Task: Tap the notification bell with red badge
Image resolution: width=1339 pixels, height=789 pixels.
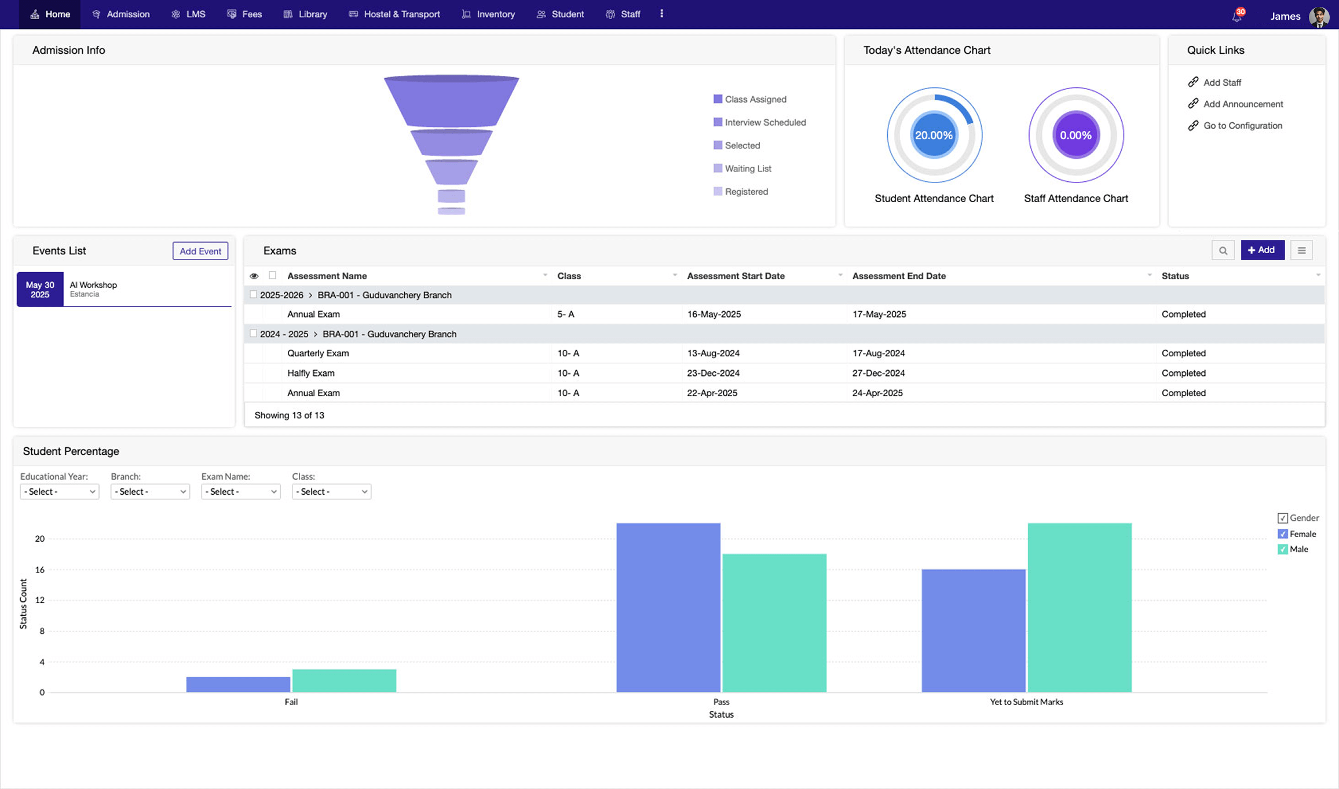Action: click(1236, 16)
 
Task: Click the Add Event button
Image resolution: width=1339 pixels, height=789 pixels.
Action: click(200, 251)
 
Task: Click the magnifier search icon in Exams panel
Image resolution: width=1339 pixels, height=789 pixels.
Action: click(1223, 250)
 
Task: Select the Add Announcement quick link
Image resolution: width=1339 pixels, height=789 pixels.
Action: click(1242, 104)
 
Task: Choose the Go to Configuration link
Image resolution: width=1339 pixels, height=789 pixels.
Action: click(1242, 126)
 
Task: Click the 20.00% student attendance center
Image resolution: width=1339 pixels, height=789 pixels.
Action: click(934, 135)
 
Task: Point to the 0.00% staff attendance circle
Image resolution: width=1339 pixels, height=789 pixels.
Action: click(1075, 135)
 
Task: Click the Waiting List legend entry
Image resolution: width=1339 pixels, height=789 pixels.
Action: click(747, 169)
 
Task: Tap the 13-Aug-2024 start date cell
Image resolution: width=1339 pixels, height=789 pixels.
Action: click(713, 353)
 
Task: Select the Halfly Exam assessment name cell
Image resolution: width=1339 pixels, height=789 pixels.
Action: click(311, 373)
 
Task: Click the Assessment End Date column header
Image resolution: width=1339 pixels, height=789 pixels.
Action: click(899, 276)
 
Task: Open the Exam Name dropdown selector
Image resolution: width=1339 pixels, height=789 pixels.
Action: click(240, 492)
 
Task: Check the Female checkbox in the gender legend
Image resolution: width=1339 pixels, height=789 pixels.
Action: click(1282, 534)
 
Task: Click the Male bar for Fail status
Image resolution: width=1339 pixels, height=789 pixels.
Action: click(344, 681)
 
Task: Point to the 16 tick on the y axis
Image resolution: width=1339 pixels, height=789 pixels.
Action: click(39, 569)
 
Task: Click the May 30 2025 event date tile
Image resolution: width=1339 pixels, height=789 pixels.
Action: click(40, 290)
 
